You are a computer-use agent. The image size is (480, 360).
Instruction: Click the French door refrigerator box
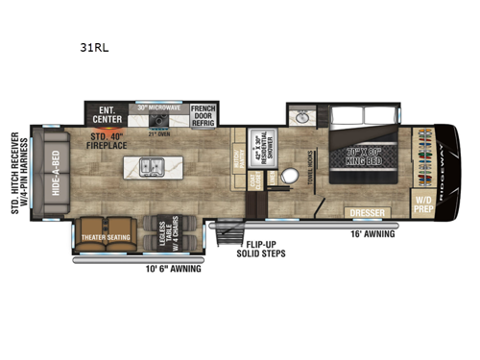click(x=203, y=115)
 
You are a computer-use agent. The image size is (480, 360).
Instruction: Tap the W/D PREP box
click(x=422, y=203)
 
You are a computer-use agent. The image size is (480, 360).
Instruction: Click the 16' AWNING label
click(x=369, y=232)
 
